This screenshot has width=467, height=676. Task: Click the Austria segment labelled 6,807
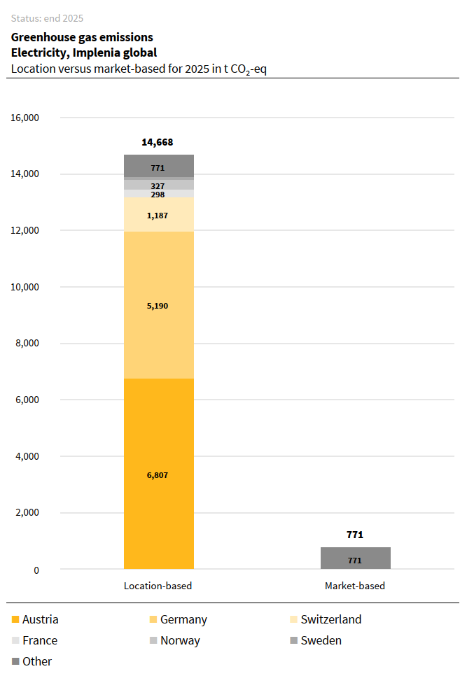pyautogui.click(x=158, y=474)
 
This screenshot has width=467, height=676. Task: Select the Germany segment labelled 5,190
pyautogui.click(x=158, y=306)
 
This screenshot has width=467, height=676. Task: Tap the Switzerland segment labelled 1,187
pyautogui.click(x=158, y=216)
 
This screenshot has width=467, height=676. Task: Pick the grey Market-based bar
pyautogui.click(x=355, y=558)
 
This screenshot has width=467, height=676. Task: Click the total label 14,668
pyautogui.click(x=158, y=142)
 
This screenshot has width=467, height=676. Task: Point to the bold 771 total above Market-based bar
pyautogui.click(x=355, y=535)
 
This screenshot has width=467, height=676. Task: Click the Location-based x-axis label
pyautogui.click(x=158, y=586)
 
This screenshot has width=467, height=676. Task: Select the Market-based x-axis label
pyautogui.click(x=355, y=586)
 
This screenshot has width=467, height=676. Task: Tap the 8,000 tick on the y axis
pyautogui.click(x=28, y=344)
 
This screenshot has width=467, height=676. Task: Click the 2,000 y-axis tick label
pyautogui.click(x=28, y=513)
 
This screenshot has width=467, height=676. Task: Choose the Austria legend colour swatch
pyautogui.click(x=16, y=620)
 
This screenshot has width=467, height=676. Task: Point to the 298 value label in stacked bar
pyautogui.click(x=158, y=195)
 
